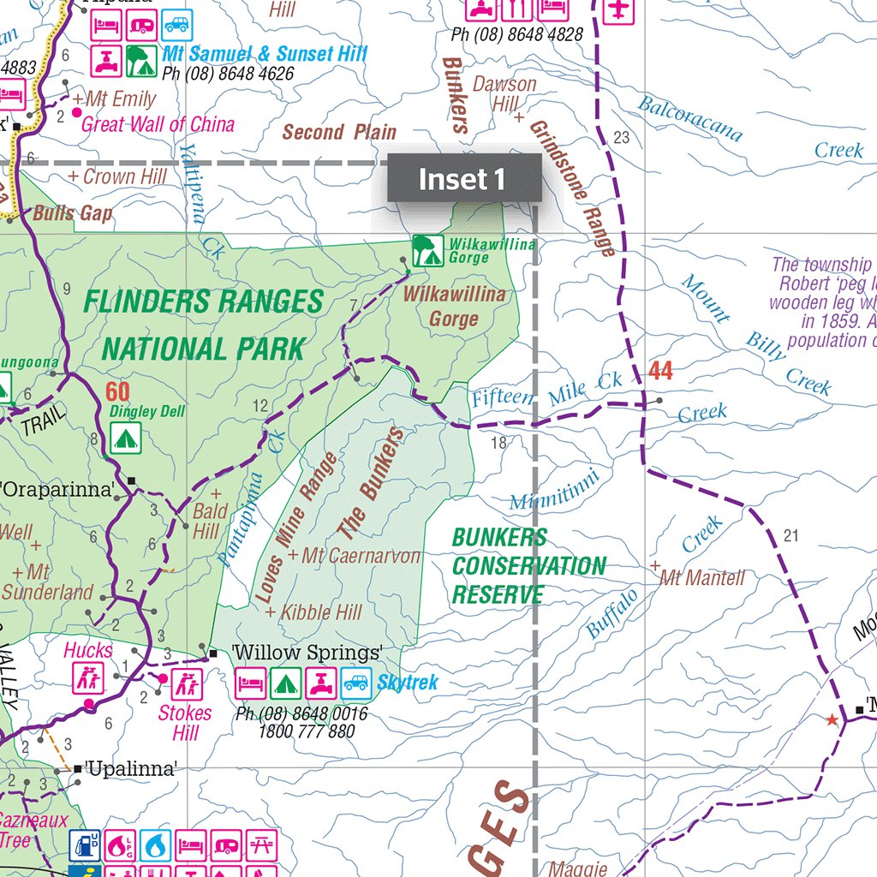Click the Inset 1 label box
tap(463, 179)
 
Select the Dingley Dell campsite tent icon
tap(126, 438)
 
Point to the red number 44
tap(660, 371)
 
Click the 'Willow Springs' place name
tap(307, 653)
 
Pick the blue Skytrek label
tap(408, 683)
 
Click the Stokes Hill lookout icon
tap(186, 683)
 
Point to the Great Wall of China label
tap(158, 124)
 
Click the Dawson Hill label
tap(505, 93)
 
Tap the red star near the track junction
tap(831, 720)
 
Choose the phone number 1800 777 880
tap(306, 731)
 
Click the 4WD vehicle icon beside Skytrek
tap(355, 683)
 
